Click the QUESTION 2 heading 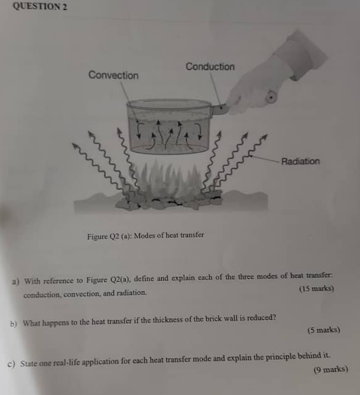(40, 6)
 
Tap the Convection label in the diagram (114, 75)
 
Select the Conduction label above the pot (210, 67)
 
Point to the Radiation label (301, 161)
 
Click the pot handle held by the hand (219, 109)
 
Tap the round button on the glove (271, 97)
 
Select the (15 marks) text (316, 288)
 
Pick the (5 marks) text (324, 330)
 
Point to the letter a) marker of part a (16, 281)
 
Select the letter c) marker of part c (11, 364)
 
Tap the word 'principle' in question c (280, 357)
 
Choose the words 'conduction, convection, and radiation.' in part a (85, 294)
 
